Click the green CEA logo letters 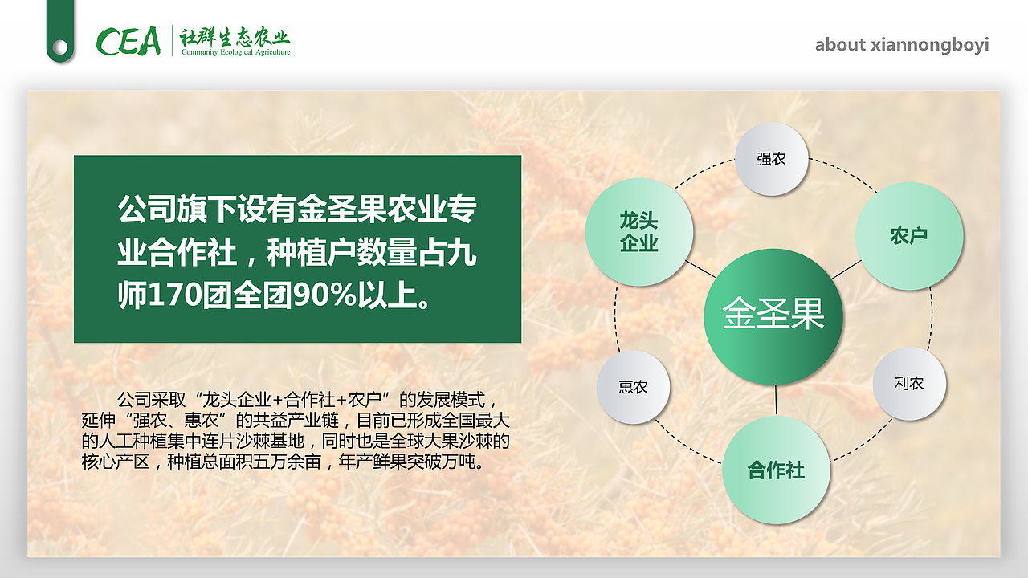[x=128, y=41]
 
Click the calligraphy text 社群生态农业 [x=235, y=37]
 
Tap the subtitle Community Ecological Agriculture [x=236, y=52]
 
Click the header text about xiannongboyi [x=902, y=44]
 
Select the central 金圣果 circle [x=773, y=316]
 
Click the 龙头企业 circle [x=639, y=232]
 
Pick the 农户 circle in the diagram [x=909, y=236]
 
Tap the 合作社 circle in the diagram [x=776, y=470]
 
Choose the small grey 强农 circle [x=772, y=159]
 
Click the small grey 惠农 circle [x=633, y=387]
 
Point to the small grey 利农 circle [x=909, y=384]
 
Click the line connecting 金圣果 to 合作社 [x=776, y=400]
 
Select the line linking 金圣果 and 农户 [x=846, y=270]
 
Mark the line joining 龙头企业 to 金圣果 [x=701, y=269]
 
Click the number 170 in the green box [x=175, y=295]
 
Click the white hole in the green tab [x=60, y=47]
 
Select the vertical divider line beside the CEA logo [x=172, y=40]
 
